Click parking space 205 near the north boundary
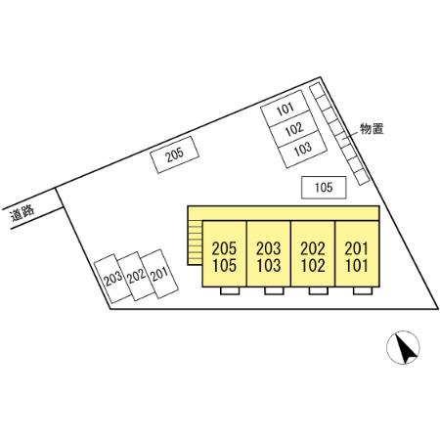[174, 154]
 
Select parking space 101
[286, 109]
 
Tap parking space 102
[294, 128]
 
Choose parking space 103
[303, 149]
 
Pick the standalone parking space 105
[324, 188]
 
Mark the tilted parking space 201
[159, 274]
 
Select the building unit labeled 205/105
[224, 254]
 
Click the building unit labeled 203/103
[269, 254]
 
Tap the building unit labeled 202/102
[313, 254]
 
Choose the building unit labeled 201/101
[357, 254]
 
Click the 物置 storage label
[372, 129]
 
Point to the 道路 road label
[22, 213]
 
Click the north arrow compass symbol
[403, 347]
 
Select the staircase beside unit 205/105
[195, 242]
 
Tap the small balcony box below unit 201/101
[363, 291]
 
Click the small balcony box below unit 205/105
[230, 291]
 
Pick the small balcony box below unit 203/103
[274, 291]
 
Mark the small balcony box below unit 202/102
[319, 291]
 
